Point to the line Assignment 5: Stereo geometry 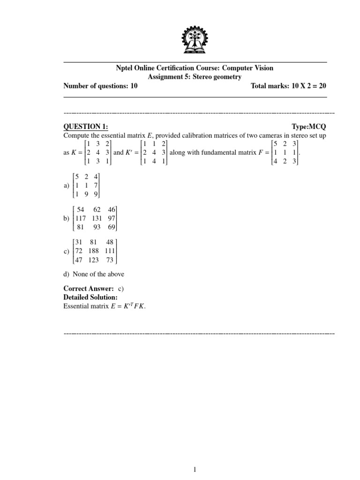195,77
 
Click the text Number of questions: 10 100,86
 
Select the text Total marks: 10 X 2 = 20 288,86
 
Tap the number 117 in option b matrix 78,218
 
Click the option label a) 66,186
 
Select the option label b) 66,218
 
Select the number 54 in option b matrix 80,210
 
